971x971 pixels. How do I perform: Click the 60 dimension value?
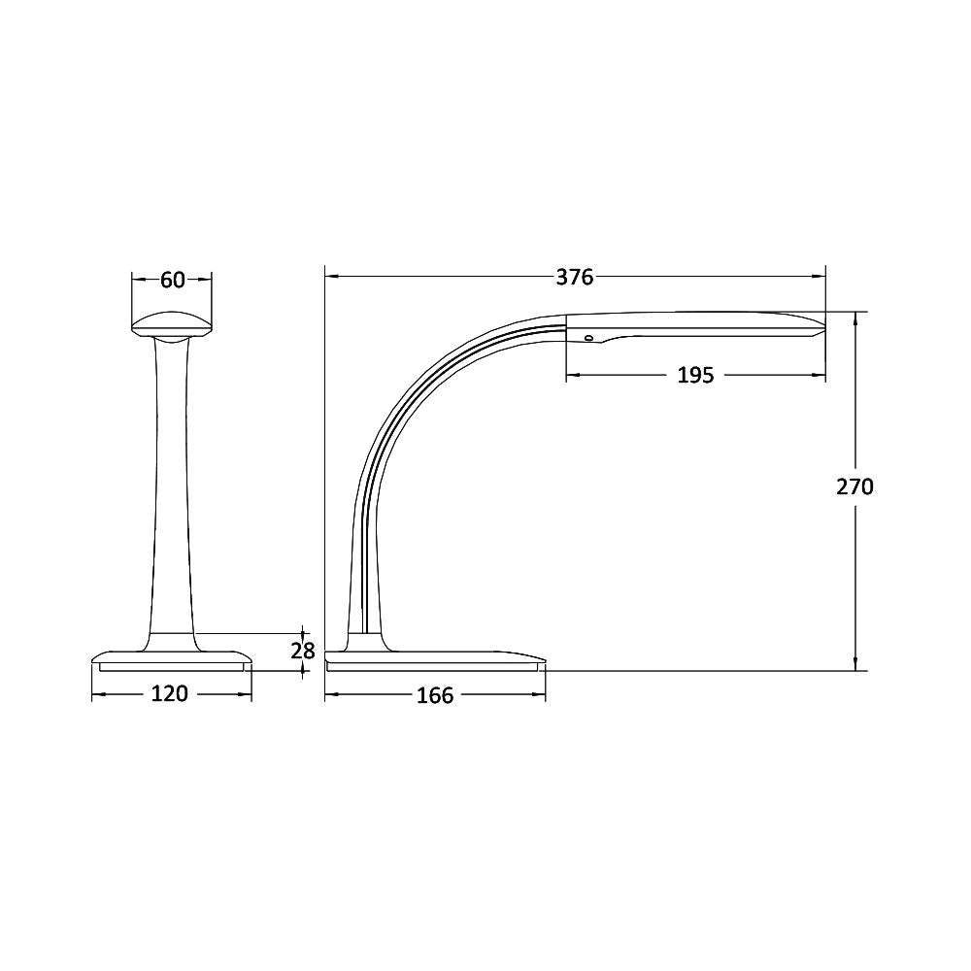click(x=172, y=281)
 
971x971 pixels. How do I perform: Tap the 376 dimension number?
click(x=574, y=278)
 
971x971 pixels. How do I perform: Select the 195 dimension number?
click(x=694, y=375)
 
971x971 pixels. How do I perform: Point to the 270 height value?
click(x=855, y=486)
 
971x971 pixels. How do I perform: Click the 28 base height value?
click(x=304, y=651)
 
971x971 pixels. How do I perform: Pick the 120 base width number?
click(x=171, y=694)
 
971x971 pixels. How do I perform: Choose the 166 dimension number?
click(x=434, y=695)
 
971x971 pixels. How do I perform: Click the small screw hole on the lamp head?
click(x=587, y=338)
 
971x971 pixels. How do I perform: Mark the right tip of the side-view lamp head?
click(x=822, y=324)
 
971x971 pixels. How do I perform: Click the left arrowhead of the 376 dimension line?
click(x=331, y=278)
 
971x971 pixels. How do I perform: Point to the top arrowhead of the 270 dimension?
click(x=855, y=317)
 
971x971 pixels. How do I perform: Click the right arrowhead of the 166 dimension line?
click(x=540, y=695)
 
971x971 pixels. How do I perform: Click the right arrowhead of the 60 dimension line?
click(x=206, y=280)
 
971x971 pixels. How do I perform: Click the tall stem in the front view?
click(x=172, y=485)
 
